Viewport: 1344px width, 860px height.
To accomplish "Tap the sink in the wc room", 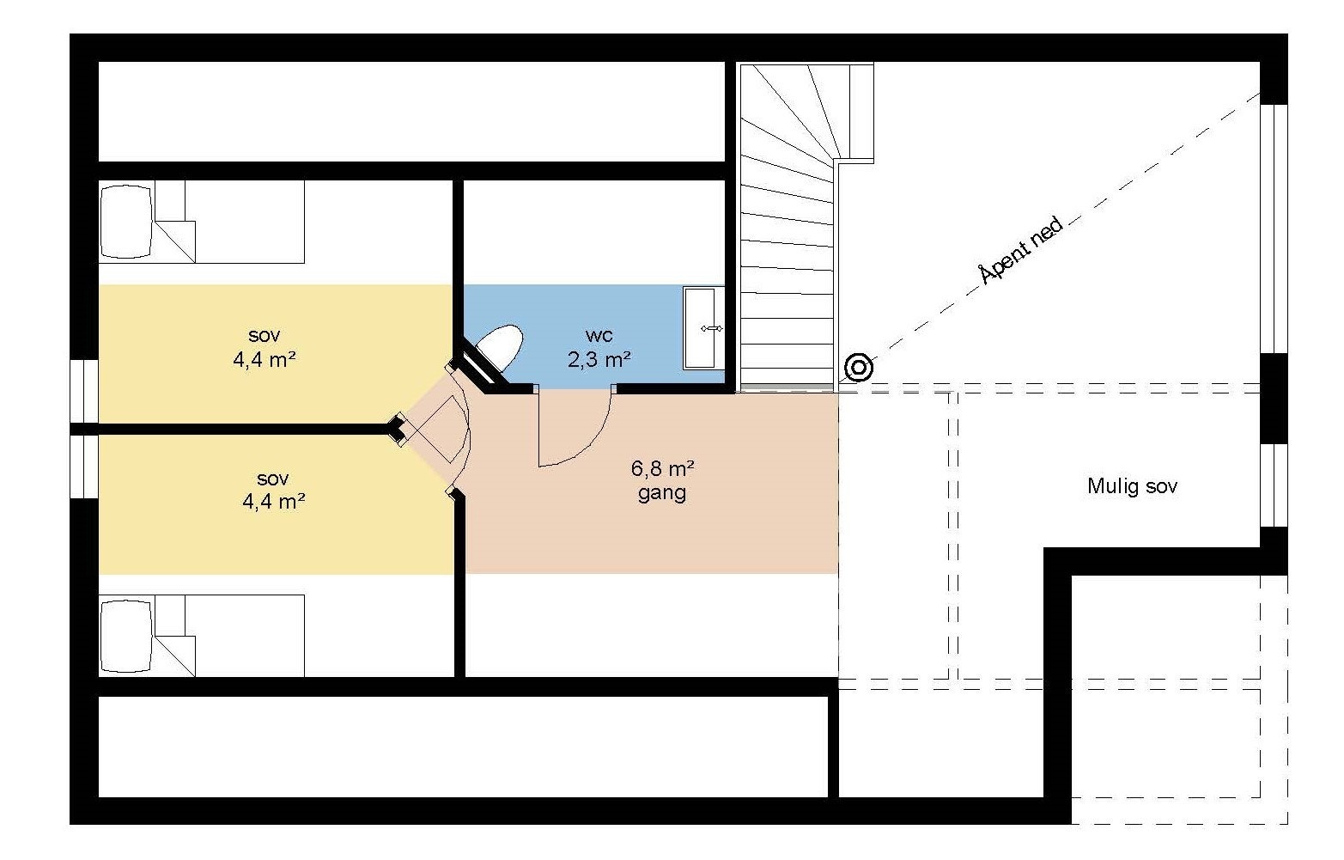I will [703, 328].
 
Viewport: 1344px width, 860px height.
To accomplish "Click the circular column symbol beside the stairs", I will [858, 368].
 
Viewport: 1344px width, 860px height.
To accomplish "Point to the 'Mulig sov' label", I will [1132, 486].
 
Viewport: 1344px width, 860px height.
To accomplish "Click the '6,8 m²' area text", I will [662, 469].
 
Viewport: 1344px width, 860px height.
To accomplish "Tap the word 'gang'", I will [662, 493].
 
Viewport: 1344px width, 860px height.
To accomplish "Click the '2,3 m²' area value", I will [599, 357].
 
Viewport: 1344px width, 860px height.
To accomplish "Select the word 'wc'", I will [599, 333].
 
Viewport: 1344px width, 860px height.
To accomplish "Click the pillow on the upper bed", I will [126, 222].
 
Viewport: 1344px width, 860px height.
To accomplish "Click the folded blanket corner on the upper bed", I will [175, 240].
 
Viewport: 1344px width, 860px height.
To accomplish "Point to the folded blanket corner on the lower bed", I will [175, 655].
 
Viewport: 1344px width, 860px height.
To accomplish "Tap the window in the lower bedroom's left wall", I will [84, 467].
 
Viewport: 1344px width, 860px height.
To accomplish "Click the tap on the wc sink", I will [711, 328].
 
